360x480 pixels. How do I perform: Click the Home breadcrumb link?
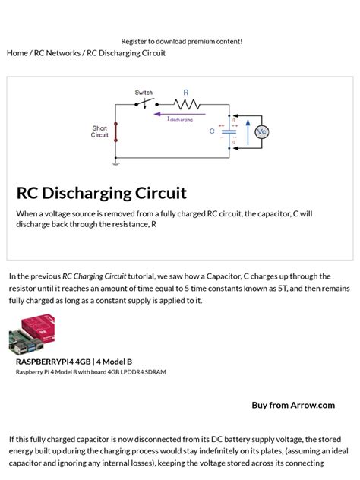click(x=16, y=53)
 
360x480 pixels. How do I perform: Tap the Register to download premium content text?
click(x=182, y=41)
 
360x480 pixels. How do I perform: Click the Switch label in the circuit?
click(x=144, y=93)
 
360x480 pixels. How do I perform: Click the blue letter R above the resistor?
click(x=186, y=93)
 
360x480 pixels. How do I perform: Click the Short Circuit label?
click(x=100, y=132)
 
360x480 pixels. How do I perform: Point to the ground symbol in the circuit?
click(x=115, y=162)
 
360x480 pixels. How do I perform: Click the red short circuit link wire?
click(x=115, y=131)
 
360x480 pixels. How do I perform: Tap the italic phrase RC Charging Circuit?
click(x=94, y=276)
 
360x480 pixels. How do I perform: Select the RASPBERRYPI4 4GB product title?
click(x=74, y=362)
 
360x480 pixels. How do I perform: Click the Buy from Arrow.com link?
click(x=293, y=405)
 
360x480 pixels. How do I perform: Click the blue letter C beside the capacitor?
click(x=213, y=131)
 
